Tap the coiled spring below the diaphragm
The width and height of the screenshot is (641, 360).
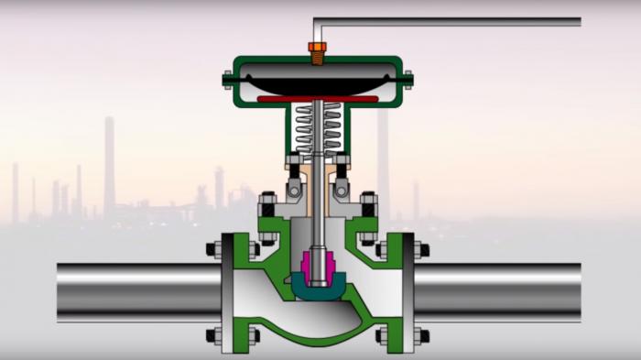pos(317,128)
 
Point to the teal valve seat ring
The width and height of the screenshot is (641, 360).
pos(317,291)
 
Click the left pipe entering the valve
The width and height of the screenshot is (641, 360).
pos(137,290)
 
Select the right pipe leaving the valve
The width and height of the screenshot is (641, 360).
pos(499,290)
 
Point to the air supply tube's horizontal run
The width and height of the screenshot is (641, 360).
pos(449,21)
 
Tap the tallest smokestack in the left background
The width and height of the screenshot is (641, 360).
pos(109,165)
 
